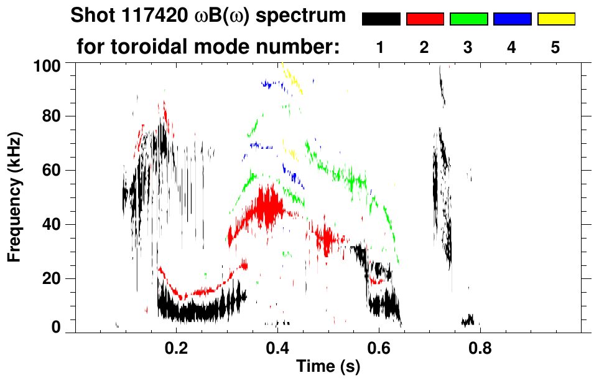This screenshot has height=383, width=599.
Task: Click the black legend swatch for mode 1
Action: point(381,19)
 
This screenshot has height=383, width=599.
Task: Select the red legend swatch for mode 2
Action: point(425,19)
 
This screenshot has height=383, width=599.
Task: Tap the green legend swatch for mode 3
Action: point(468,19)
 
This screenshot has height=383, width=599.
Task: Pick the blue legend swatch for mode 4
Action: point(512,19)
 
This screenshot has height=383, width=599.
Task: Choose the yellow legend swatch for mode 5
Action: point(555,19)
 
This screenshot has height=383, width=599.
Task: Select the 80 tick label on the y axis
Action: point(53,116)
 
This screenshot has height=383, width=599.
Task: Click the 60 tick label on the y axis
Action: point(53,171)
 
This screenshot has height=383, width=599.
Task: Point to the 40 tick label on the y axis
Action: point(53,225)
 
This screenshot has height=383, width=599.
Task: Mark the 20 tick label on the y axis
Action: point(53,278)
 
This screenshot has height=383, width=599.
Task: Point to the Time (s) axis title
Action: point(328,367)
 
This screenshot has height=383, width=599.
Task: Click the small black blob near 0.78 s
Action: point(468,320)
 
